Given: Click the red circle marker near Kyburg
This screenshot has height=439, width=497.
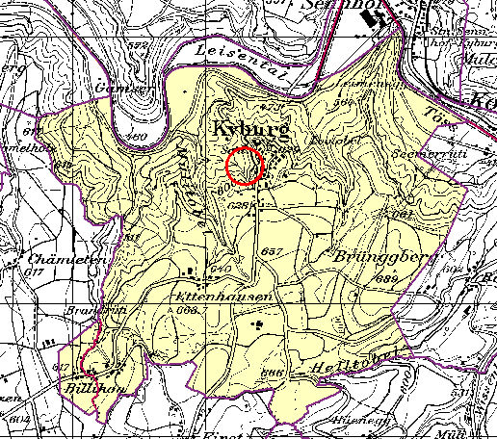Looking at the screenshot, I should pyautogui.click(x=245, y=166).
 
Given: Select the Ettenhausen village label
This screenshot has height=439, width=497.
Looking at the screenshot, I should pyautogui.click(x=220, y=298).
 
